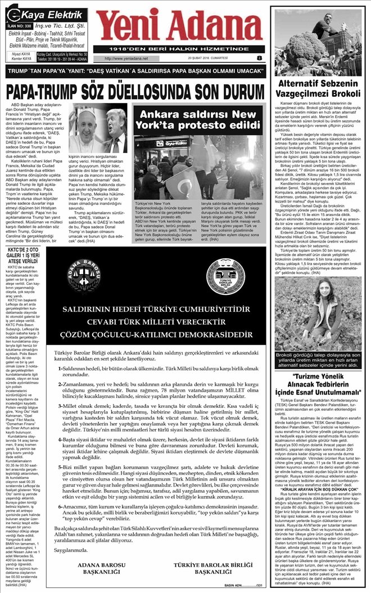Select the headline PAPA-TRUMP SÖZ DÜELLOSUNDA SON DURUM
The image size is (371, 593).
point(134,92)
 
